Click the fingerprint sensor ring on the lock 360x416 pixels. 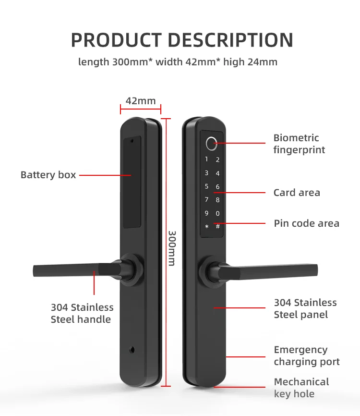212,143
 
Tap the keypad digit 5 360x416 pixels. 207,186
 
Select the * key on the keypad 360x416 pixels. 207,226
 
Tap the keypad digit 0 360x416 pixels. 217,213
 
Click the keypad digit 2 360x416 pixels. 217,160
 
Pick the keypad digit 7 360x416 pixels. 207,200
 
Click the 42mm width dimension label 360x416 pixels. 141,101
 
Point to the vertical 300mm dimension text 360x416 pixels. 172,248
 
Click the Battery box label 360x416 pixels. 48,175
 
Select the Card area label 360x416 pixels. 297,193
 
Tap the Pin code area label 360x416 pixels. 306,223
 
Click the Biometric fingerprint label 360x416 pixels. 299,144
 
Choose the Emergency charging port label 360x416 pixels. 307,356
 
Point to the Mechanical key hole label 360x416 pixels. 301,388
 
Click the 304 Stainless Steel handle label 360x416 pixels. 82,313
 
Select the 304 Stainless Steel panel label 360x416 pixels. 305,308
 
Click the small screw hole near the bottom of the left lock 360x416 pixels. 133,349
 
